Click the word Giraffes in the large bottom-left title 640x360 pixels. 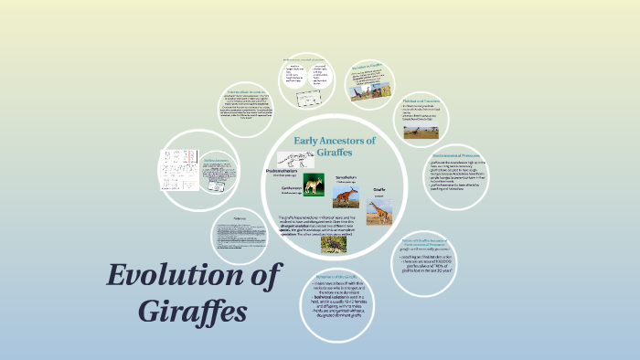pos(194,310)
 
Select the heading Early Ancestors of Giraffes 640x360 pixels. pos(336,145)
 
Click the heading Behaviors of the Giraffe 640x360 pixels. pos(336,276)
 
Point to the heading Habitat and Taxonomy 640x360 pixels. pos(423,101)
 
